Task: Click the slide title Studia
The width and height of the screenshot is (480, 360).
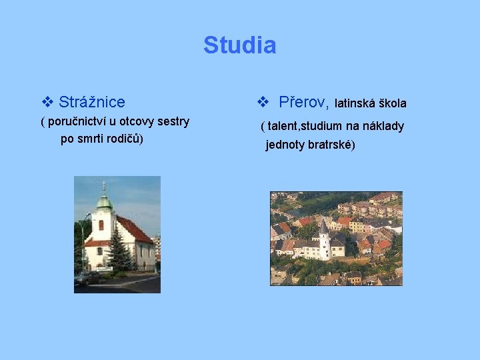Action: click(x=239, y=45)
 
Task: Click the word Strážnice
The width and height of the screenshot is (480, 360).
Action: click(x=91, y=102)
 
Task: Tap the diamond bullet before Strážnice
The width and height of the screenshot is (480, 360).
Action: click(x=47, y=102)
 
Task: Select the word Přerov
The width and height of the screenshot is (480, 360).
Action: click(x=303, y=102)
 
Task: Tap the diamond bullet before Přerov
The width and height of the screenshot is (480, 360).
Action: click(x=262, y=102)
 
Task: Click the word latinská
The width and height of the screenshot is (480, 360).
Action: click(x=355, y=103)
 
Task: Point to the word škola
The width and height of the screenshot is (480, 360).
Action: click(x=393, y=103)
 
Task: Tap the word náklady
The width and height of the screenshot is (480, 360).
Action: click(x=383, y=126)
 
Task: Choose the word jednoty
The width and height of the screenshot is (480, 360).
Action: click(x=285, y=145)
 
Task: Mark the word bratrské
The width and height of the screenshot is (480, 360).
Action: click(x=331, y=145)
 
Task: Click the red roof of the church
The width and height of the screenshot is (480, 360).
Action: click(x=133, y=230)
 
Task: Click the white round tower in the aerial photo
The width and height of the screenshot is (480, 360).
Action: click(x=324, y=244)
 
